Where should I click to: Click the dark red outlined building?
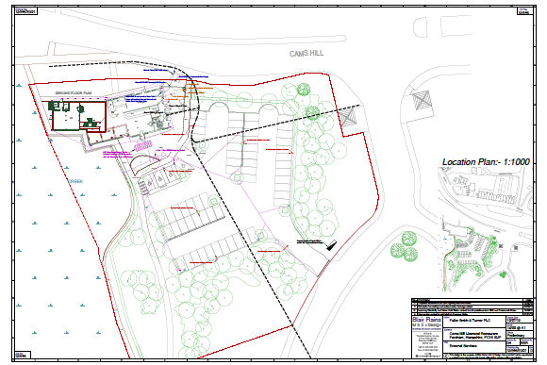79,116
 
